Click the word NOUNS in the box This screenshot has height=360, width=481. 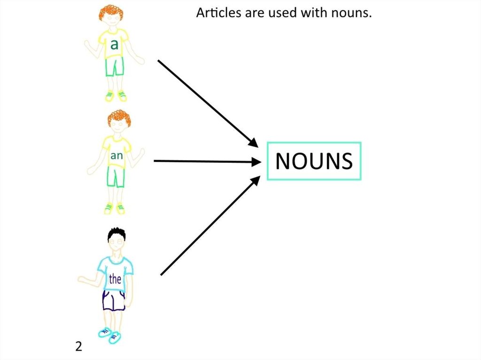[314, 161]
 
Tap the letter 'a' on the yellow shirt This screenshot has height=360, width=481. [114, 45]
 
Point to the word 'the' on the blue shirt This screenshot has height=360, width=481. [115, 279]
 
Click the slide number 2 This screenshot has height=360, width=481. [78, 347]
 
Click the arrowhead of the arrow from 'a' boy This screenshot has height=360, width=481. [253, 142]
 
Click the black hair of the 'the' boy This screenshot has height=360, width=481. [116, 234]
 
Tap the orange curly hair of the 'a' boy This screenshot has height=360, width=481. [112, 12]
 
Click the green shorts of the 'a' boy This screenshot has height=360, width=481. [114, 67]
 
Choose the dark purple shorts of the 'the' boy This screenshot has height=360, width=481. [114, 300]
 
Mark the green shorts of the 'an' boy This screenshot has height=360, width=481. [116, 177]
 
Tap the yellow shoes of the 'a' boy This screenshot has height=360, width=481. [116, 96]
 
